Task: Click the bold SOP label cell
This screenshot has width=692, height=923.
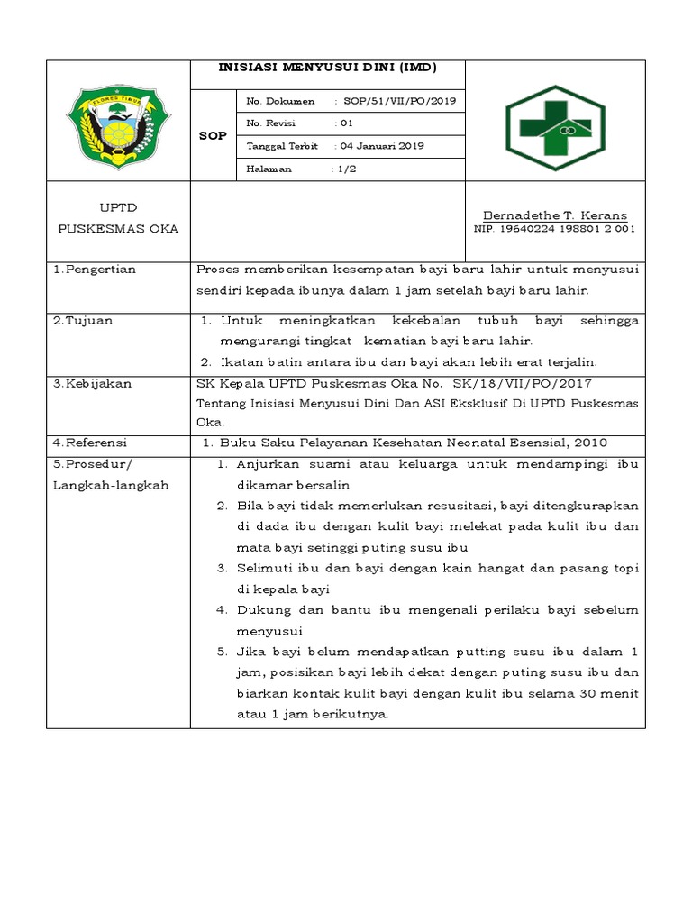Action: tap(213, 134)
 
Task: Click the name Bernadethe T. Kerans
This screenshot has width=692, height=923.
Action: tap(555, 215)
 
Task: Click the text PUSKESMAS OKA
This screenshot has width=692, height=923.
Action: tap(118, 229)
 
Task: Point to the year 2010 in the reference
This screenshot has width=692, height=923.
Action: tap(590, 443)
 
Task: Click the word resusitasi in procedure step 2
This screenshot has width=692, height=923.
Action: tap(452, 506)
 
